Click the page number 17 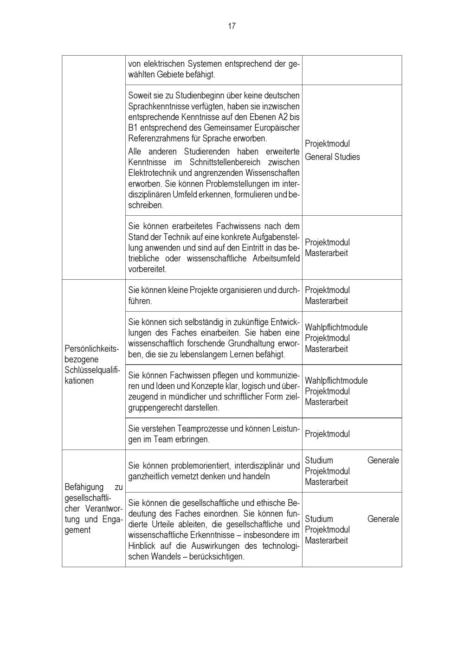(232, 26)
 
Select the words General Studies (332, 157)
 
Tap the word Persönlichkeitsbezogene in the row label (92, 348)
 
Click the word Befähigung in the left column (84, 487)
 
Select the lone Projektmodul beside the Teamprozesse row (327, 434)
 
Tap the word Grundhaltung (251, 344)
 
